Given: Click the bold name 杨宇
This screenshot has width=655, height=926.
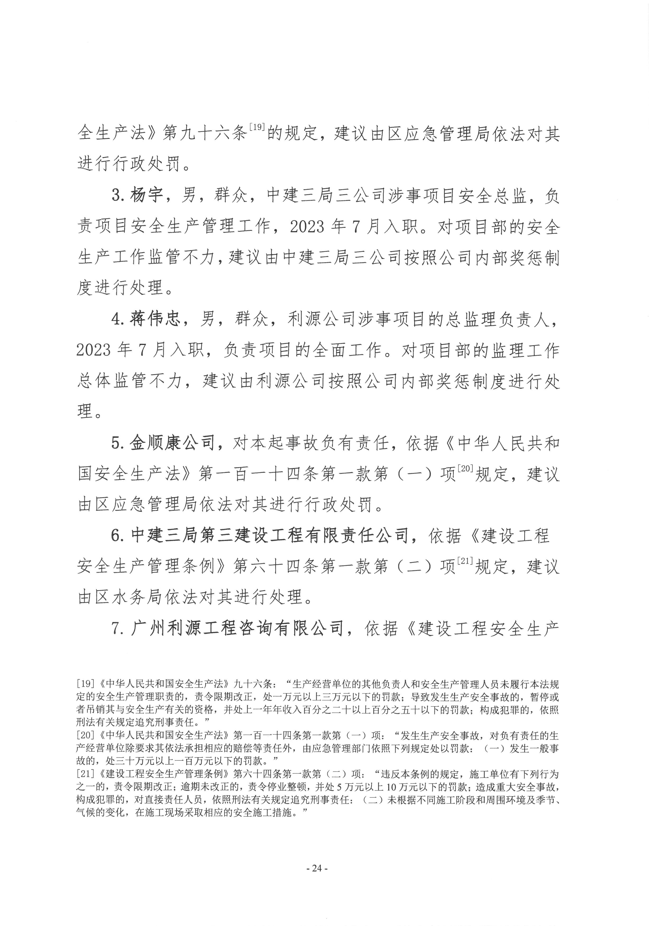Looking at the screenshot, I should click(x=146, y=196).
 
